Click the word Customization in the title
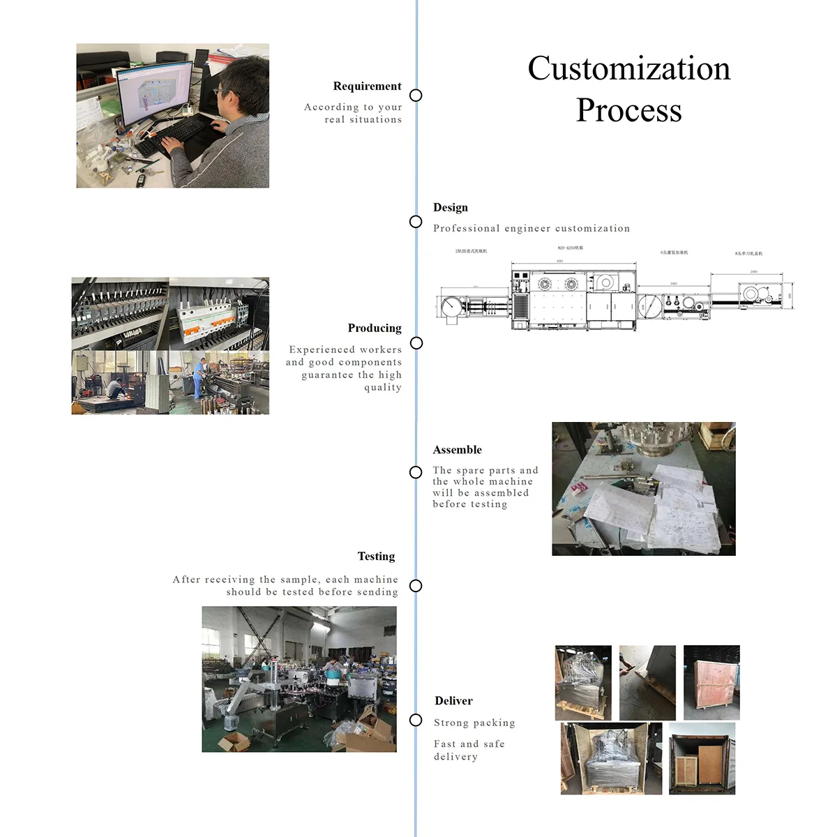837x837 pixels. click(x=628, y=69)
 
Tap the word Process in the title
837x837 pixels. click(x=628, y=110)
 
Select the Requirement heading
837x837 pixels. click(x=367, y=86)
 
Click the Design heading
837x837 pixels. click(x=451, y=208)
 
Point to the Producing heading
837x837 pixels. click(x=375, y=329)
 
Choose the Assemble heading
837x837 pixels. click(x=457, y=450)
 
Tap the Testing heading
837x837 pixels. click(x=376, y=557)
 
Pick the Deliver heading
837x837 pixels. click(x=453, y=701)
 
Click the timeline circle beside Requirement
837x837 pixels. click(x=416, y=96)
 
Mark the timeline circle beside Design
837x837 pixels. click(x=416, y=222)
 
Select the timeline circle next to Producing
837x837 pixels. click(x=416, y=343)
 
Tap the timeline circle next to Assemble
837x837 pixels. click(x=416, y=472)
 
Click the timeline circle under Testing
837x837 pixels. click(x=416, y=586)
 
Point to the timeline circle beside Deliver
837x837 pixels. click(x=416, y=721)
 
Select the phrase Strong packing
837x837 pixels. click(x=474, y=723)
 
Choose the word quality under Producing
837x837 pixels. click(x=383, y=388)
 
